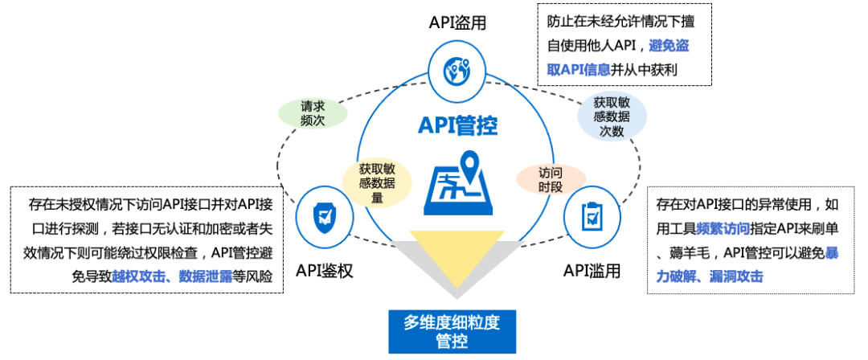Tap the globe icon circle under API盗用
[x=456, y=72]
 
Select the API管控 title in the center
[x=457, y=126]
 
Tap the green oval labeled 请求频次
[x=312, y=112]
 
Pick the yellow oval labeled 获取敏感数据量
[x=377, y=183]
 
